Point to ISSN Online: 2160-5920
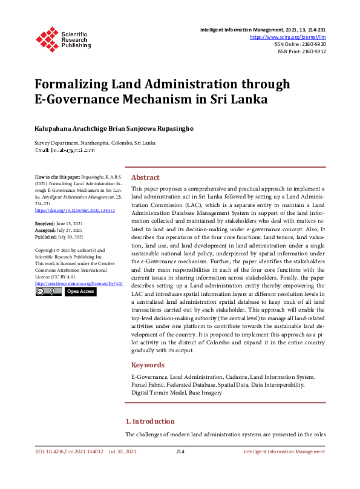(300, 44)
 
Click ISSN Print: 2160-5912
(302, 51)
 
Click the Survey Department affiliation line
(95, 143)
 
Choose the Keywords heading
(148, 365)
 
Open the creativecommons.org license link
(79, 283)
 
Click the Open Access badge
(80, 292)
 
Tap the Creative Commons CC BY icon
(48, 292)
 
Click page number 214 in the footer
(180, 451)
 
